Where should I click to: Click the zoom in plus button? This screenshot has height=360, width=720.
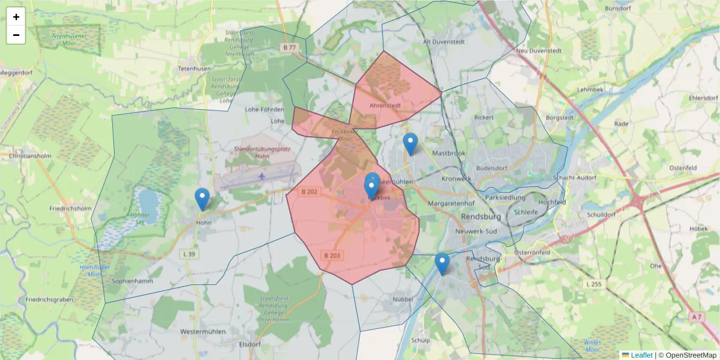16,17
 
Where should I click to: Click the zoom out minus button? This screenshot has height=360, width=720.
16,35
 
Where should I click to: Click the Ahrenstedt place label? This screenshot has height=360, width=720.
385,106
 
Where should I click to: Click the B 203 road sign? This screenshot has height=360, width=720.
332,256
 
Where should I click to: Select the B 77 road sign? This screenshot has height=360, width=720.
289,47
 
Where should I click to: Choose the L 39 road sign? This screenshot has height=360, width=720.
188,254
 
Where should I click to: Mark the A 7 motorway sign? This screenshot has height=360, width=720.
695,316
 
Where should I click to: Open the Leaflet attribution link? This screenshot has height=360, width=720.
641,355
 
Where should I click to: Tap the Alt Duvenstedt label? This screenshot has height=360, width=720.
445,42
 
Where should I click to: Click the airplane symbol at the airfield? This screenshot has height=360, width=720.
262,176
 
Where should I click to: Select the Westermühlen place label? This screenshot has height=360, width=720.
203,331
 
